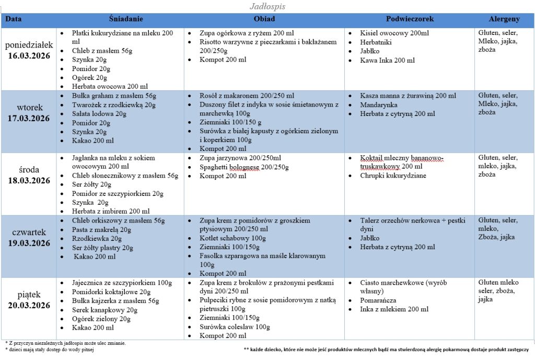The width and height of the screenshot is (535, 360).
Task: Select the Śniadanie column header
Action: [x=126, y=19]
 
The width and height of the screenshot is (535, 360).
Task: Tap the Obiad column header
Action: [x=264, y=19]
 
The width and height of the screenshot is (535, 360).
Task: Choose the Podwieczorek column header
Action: [x=410, y=19]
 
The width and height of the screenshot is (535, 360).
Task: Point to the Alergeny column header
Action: [x=504, y=19]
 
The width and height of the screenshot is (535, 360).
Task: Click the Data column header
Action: [x=14, y=19]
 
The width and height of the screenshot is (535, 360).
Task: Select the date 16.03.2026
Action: [x=29, y=55]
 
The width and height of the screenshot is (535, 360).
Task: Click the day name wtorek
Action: [x=29, y=108]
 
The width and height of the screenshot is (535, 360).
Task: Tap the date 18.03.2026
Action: [x=29, y=180]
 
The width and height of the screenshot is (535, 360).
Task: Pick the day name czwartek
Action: [x=29, y=232]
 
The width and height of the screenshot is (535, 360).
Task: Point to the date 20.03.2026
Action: [x=29, y=305]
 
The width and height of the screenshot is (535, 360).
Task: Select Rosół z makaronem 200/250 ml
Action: [x=247, y=96]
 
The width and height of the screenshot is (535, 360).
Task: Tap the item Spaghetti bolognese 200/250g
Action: [x=244, y=167]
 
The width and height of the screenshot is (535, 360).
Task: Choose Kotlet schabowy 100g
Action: [x=229, y=238]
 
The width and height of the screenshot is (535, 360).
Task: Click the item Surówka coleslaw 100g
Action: [x=235, y=327]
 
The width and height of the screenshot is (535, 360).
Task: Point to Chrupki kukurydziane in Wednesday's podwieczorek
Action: [x=393, y=176]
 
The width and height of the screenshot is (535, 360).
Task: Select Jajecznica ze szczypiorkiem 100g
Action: [x=122, y=283]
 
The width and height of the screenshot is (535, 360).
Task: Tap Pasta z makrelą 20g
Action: [x=102, y=229]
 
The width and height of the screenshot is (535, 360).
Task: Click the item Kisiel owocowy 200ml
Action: [x=394, y=33]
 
